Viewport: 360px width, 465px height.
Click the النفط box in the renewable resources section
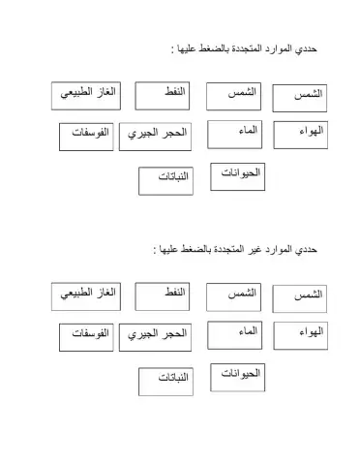coord(162,97)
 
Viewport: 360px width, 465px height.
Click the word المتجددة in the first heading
coord(238,48)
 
